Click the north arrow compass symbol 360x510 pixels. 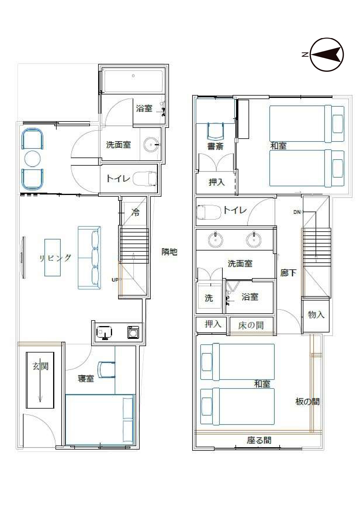coord(327,55)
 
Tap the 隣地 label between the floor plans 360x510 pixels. coord(169,252)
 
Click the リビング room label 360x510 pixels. coord(55,258)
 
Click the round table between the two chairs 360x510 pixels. coord(33,159)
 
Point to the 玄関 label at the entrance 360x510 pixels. coord(40,366)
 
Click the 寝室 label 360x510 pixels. coord(86,378)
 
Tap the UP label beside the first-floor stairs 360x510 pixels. coord(115,280)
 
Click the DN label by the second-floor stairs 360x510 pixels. coord(297,212)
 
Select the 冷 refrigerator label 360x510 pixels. coord(135,212)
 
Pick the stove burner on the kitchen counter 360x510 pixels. coord(133,332)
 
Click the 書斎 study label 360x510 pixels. coord(215,146)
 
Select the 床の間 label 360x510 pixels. coord(251,325)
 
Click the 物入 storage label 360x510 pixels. coord(316,314)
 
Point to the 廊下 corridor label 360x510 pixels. coord(289,273)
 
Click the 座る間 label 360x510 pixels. coord(259,441)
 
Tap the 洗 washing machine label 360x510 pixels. coord(209,298)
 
